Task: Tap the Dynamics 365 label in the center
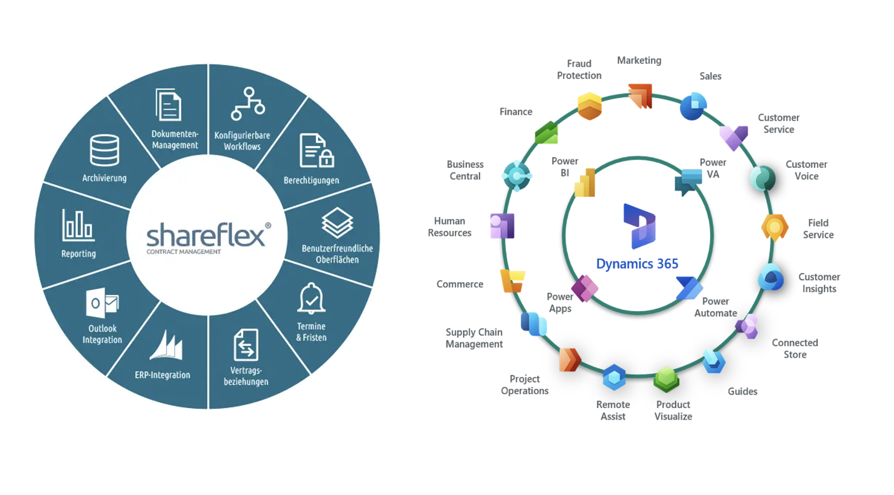(637, 264)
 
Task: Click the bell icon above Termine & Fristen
(311, 298)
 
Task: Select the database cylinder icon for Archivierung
(104, 150)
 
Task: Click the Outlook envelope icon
(102, 302)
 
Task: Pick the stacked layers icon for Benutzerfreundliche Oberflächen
(337, 222)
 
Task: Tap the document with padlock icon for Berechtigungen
(316, 151)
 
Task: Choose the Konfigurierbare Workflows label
(242, 141)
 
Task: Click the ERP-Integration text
(162, 375)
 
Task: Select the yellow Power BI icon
(585, 182)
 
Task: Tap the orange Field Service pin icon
(774, 228)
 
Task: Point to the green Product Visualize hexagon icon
(666, 379)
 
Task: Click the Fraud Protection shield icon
(590, 106)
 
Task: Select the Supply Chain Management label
(474, 338)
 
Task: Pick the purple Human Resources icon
(502, 226)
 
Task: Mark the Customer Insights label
(819, 283)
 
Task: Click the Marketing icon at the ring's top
(640, 96)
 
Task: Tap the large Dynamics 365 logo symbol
(639, 226)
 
